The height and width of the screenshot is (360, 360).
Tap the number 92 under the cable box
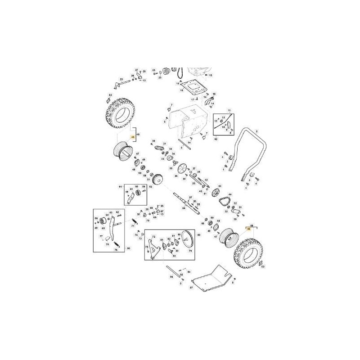click(x=216, y=139)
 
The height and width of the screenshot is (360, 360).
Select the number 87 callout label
click(x=191, y=287)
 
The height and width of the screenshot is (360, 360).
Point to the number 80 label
click(x=199, y=235)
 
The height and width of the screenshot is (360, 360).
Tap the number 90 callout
click(x=128, y=248)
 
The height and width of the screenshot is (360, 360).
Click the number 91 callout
click(x=121, y=186)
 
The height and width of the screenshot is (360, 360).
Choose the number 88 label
click(x=252, y=225)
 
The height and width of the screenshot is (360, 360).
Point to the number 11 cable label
click(x=229, y=110)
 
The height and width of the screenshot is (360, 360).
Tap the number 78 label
click(x=107, y=244)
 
